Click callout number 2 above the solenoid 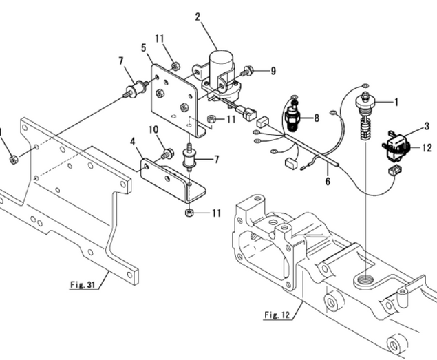pos(198,16)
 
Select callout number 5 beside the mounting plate pos(143,48)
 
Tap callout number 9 pos(273,70)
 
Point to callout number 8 pos(317,118)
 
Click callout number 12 pos(427,147)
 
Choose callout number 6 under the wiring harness pos(328,181)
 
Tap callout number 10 pos(153,129)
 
